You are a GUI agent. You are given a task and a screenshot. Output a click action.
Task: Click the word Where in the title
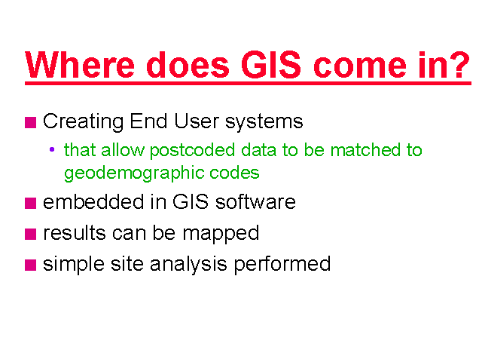80,65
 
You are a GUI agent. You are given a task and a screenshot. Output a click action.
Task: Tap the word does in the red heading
188,65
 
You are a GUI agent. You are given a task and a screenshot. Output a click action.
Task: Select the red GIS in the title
271,65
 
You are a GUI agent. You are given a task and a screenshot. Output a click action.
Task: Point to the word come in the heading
359,67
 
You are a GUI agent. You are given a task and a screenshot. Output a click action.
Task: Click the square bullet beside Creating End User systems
30,122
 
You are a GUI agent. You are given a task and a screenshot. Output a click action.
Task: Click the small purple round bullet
52,149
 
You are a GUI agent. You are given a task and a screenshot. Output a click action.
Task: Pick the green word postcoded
192,151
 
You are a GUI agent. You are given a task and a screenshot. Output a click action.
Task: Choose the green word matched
365,150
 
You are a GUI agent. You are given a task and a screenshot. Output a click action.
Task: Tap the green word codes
234,173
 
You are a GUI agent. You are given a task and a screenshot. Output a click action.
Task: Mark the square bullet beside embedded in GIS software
30,203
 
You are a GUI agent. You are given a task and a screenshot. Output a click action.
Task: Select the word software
255,202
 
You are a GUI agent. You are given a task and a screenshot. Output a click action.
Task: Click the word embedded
93,202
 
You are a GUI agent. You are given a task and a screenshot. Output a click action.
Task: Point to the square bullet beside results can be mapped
30,234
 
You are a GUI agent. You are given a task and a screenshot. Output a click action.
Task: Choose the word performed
282,265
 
